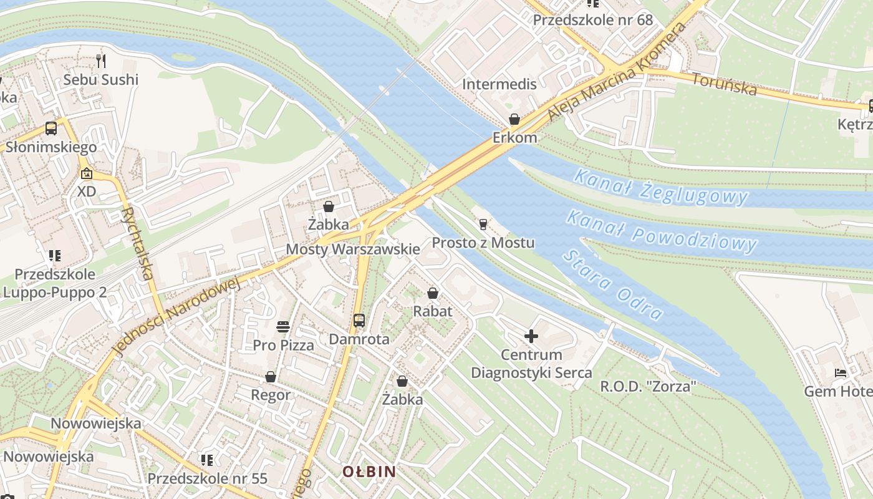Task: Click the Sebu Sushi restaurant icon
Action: click(x=102, y=61)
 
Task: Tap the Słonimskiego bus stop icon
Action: click(x=51, y=128)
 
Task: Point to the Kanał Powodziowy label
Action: click(x=662, y=231)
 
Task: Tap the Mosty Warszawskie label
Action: click(x=352, y=249)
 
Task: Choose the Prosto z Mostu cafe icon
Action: click(x=483, y=225)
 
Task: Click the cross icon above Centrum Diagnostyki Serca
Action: click(x=531, y=337)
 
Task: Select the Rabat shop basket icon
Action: click(x=433, y=293)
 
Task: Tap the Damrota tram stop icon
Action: click(x=359, y=321)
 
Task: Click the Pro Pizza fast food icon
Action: click(x=283, y=326)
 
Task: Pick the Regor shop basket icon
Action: click(x=271, y=377)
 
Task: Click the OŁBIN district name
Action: click(x=369, y=472)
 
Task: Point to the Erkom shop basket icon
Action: click(x=514, y=119)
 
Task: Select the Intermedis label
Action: click(x=499, y=84)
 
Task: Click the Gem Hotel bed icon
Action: click(x=841, y=373)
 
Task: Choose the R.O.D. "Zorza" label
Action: click(x=648, y=387)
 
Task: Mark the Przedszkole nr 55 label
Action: click(x=207, y=478)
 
